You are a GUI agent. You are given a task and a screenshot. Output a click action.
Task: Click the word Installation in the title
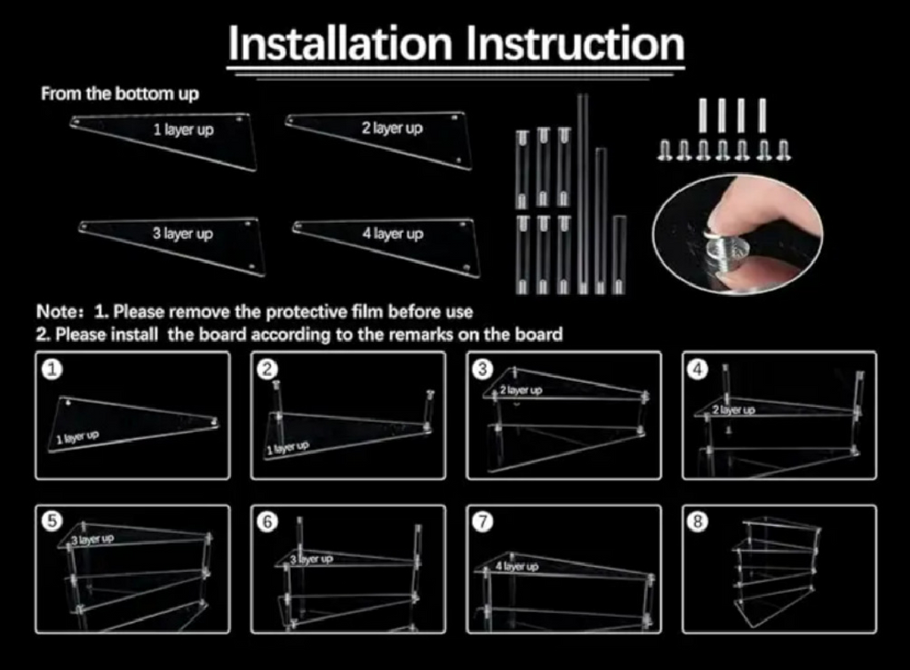coord(340,43)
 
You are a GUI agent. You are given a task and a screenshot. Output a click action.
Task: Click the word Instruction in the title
coord(576,43)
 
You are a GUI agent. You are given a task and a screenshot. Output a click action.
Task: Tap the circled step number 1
coord(52,369)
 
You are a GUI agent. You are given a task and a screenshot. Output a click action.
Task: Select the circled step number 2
coord(267,369)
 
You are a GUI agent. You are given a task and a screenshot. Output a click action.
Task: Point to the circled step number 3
coord(483,369)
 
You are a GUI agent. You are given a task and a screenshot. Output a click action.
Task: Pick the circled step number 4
coord(698,369)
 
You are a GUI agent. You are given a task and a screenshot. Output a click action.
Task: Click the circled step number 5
coord(52,521)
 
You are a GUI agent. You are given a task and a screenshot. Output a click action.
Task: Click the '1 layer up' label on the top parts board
coord(183,130)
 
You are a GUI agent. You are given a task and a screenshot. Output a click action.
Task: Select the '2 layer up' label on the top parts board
coord(392,128)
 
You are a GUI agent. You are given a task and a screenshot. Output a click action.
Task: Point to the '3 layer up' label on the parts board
coord(183,234)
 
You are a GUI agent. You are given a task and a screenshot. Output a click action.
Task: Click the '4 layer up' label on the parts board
coord(393,234)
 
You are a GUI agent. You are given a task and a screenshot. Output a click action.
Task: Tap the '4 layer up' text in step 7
coord(517,566)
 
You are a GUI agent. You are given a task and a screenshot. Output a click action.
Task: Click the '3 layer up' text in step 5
coord(92,539)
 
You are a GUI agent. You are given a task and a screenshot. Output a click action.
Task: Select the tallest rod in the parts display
coord(582,193)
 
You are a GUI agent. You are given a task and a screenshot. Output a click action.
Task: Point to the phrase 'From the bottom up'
coord(120,94)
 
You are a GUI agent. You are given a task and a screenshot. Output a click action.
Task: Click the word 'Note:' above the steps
coord(60,312)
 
